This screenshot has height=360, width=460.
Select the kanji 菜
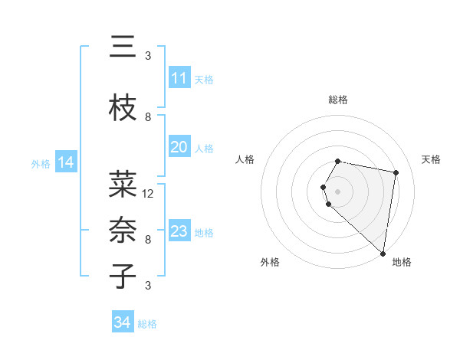coord(123,185)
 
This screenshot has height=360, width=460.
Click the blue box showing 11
coord(179,78)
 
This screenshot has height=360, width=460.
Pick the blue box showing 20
coord(179,147)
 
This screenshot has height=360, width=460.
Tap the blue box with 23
coord(179,231)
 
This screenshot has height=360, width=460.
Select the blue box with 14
coord(65,162)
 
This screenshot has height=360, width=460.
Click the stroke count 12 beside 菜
coord(149,193)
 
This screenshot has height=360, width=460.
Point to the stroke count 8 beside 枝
coord(148,117)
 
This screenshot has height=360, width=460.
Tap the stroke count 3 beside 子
coord(148,286)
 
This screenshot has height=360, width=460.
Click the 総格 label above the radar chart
coord(338,100)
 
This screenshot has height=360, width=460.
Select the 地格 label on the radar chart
coord(402,262)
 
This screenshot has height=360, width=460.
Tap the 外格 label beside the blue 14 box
coord(41,163)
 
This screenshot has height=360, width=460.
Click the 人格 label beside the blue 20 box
coord(204,148)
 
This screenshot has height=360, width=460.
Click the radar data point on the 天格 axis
coord(396,173)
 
